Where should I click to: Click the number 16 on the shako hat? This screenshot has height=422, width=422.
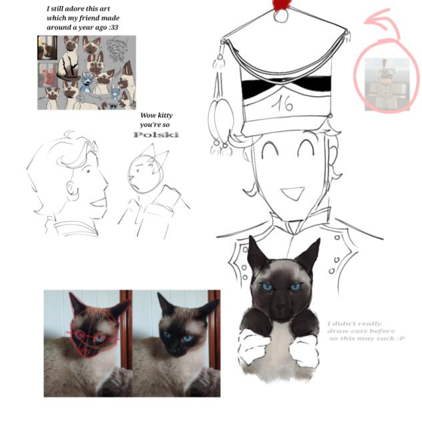[282, 103]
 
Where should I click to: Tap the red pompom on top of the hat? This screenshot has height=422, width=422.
[280, 5]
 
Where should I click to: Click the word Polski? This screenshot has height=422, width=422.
[156, 135]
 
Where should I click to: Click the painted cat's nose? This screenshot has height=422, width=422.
[280, 306]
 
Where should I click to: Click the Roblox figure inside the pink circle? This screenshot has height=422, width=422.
[386, 84]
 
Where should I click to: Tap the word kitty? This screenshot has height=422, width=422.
[164, 116]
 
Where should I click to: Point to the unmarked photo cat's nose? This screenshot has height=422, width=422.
[176, 347]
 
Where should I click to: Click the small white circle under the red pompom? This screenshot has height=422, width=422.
[280, 15]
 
